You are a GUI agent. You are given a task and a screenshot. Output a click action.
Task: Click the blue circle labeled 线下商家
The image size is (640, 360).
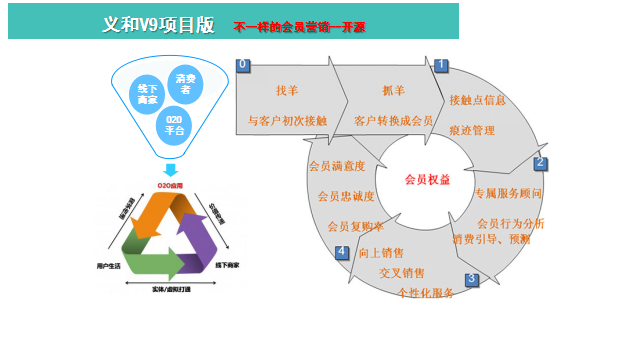tap(148, 96)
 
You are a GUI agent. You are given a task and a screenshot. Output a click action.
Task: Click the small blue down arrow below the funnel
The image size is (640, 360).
tap(171, 169)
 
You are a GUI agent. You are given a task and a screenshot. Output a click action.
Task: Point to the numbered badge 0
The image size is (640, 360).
tap(242, 64)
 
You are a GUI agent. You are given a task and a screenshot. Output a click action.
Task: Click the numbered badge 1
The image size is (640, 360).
tap(440, 65)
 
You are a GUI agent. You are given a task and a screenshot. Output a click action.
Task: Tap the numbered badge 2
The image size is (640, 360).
tap(540, 162)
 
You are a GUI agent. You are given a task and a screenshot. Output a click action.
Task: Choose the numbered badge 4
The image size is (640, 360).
tap(342, 252)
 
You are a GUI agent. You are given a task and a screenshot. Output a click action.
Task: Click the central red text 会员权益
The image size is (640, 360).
tap(427, 180)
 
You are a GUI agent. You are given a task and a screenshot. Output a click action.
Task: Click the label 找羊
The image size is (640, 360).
tap(287, 91)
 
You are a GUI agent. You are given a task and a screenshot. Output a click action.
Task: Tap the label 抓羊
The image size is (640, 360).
tap(393, 91)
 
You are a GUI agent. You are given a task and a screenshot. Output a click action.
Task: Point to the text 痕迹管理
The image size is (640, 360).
tap(472, 130)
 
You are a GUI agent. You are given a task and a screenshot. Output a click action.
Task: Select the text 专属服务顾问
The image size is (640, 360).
tap(508, 193)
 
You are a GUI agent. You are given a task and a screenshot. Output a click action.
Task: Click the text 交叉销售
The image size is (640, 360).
tap(402, 273)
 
